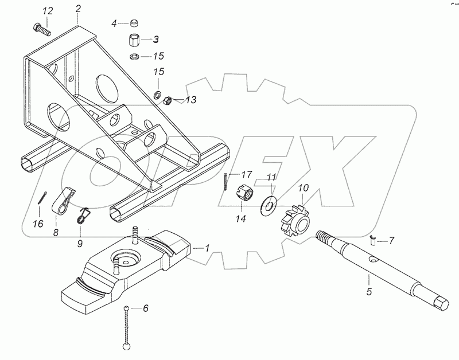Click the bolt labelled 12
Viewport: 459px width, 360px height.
tap(41, 30)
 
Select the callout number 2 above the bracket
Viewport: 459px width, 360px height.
tap(77, 9)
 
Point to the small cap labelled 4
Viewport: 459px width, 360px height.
tap(134, 22)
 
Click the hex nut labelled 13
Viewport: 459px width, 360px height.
tap(167, 101)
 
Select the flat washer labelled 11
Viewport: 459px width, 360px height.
tap(269, 205)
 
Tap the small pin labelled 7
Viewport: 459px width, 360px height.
tap(372, 240)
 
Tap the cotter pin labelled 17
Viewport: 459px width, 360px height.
tap(225, 182)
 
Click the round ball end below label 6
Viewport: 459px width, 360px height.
tap(127, 346)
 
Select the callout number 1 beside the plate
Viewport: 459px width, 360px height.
tap(207, 248)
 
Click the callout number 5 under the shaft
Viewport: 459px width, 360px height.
tap(369, 291)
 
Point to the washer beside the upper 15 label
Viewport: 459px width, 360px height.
tap(135, 56)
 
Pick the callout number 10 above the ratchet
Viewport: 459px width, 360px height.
tap(304, 188)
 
